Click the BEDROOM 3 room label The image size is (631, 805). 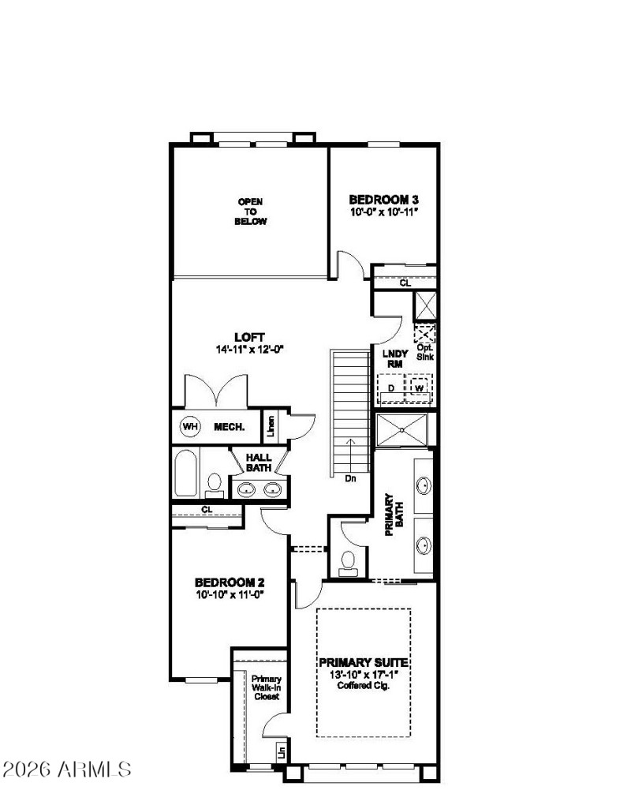pos(383,200)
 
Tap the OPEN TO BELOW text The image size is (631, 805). pos(251,212)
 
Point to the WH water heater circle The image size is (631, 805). pos(190,427)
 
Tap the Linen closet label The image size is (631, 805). pos(271,426)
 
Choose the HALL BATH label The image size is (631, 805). pos(259,462)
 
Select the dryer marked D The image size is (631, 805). pos(390,388)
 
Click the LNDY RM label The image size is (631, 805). pos(394,359)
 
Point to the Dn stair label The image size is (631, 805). pos(351,477)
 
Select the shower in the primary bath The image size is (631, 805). pos(402,430)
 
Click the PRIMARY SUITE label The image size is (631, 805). pos(364,663)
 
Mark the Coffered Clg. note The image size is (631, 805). pos(364,685)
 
